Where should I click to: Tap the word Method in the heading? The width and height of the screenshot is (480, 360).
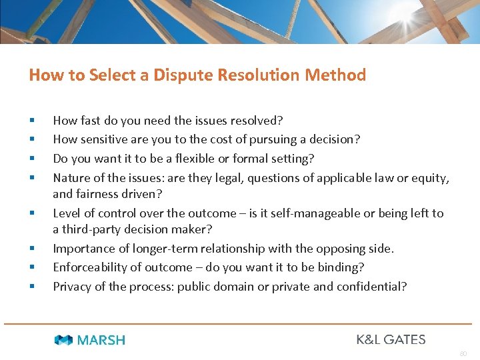click(x=335, y=75)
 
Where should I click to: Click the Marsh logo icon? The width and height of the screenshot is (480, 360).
click(x=64, y=340)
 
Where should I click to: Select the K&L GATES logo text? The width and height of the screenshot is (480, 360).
click(x=391, y=339)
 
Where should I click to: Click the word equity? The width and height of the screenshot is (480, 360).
click(x=431, y=178)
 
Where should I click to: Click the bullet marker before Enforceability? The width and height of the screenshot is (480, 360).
click(x=31, y=268)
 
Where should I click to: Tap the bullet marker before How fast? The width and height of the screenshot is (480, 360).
click(x=31, y=121)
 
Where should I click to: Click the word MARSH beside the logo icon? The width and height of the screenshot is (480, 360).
click(x=101, y=340)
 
